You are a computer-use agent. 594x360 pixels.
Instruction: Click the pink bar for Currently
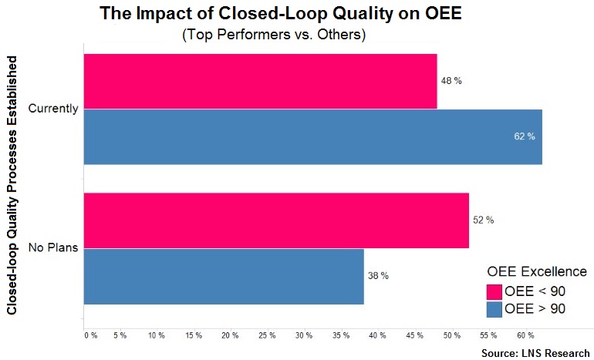tap(260, 81)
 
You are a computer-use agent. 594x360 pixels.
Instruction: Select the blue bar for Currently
tap(312, 136)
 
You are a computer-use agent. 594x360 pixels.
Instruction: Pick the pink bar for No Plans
tap(276, 220)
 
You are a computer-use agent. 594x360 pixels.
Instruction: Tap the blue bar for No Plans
tap(224, 276)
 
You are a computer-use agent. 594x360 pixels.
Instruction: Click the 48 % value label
tap(451, 81)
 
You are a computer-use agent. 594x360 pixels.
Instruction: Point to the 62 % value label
tap(524, 136)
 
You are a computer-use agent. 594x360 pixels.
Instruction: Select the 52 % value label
tap(483, 220)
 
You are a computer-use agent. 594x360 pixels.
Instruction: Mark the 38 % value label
tap(378, 276)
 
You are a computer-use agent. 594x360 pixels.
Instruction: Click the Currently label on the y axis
tap(53, 109)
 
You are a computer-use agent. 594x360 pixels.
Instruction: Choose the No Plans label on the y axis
tap(53, 248)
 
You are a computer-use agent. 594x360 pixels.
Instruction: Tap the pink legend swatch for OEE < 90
tap(494, 291)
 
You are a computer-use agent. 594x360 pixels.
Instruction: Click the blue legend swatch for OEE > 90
tap(494, 309)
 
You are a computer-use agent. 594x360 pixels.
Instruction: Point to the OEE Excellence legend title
tap(537, 272)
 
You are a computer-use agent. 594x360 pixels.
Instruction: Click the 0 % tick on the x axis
tap(90, 335)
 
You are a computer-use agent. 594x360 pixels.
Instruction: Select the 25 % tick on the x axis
tap(267, 335)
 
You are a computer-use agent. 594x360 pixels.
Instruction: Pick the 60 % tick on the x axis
tap(525, 335)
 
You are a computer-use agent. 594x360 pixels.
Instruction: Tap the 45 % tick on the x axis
tap(414, 335)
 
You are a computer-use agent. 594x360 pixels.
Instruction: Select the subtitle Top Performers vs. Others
tap(274, 35)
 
